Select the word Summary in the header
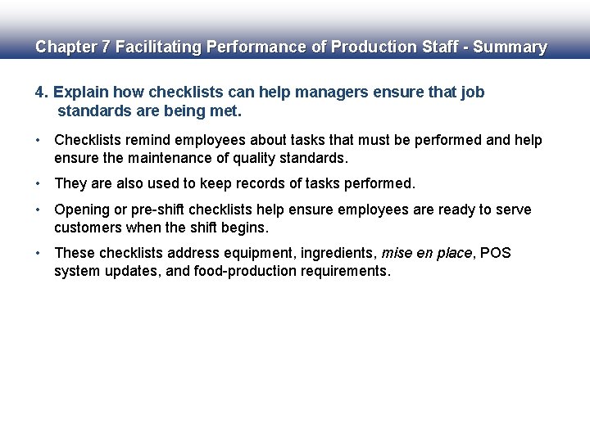pos(510,47)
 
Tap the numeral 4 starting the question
pos(39,92)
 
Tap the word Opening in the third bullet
pos(83,210)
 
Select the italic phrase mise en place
pos(426,253)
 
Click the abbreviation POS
pos(495,253)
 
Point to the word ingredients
pos(339,253)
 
